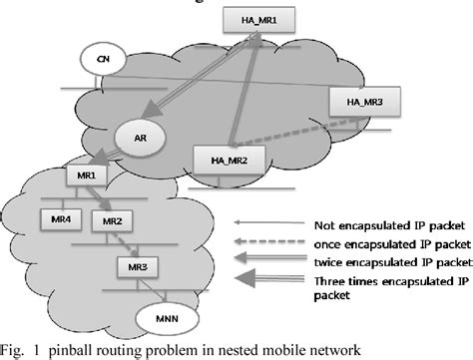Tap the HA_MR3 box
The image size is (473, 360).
(x=357, y=101)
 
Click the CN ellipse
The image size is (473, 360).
(x=102, y=59)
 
